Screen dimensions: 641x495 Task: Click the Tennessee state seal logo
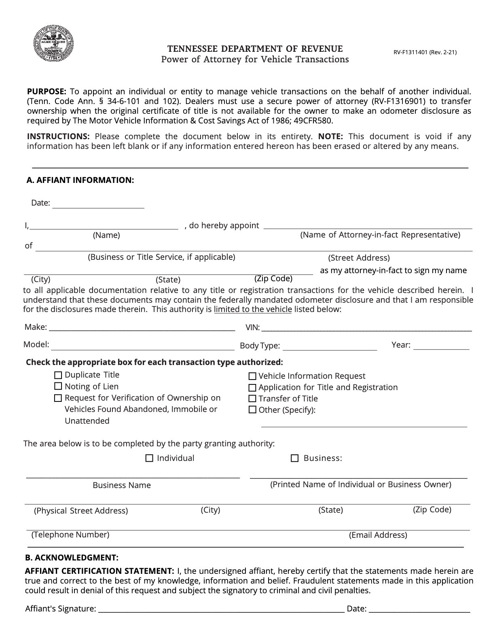pos(54,43)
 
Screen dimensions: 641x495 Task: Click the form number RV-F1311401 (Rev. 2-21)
pos(425,52)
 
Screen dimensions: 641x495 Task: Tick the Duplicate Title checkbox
pos(58,375)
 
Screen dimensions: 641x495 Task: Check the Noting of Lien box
pos(58,386)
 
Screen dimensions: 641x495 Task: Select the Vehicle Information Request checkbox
pos(252,376)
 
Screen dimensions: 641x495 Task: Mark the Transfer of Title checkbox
pos(252,399)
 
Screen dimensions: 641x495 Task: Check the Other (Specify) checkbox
pos(252,410)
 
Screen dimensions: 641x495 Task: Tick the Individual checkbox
pos(149,458)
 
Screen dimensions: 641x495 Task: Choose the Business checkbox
pos(295,458)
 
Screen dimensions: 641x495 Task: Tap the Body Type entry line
pos(330,346)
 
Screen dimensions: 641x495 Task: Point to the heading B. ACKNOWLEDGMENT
pos(72,558)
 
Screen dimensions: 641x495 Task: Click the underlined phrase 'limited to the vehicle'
pos(253,310)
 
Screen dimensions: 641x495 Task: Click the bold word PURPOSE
pos(46,91)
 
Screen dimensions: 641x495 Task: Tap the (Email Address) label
pos(378,535)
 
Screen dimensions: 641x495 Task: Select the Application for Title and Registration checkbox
pos(252,388)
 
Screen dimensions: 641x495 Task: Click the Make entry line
pos(142,327)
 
